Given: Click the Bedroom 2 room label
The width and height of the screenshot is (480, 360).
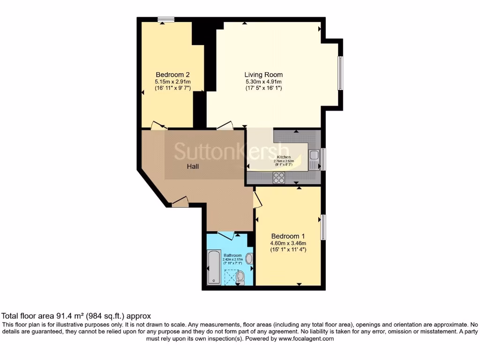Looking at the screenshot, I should (172, 75).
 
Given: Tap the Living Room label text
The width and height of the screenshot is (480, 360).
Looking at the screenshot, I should (263, 75).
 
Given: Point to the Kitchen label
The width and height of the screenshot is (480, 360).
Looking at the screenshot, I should (284, 157).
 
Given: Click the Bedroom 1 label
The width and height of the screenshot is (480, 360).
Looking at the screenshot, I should (288, 236).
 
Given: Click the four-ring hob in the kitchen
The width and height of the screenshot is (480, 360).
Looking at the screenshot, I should (279, 177).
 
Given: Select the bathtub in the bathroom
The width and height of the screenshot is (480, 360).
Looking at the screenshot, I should (214, 267).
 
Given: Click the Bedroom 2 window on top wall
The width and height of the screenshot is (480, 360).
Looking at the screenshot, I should (165, 19).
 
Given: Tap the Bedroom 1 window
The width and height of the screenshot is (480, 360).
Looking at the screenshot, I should (323, 227).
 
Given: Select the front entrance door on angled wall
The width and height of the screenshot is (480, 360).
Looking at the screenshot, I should (180, 202).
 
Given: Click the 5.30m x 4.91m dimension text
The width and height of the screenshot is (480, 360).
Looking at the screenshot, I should (263, 82).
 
